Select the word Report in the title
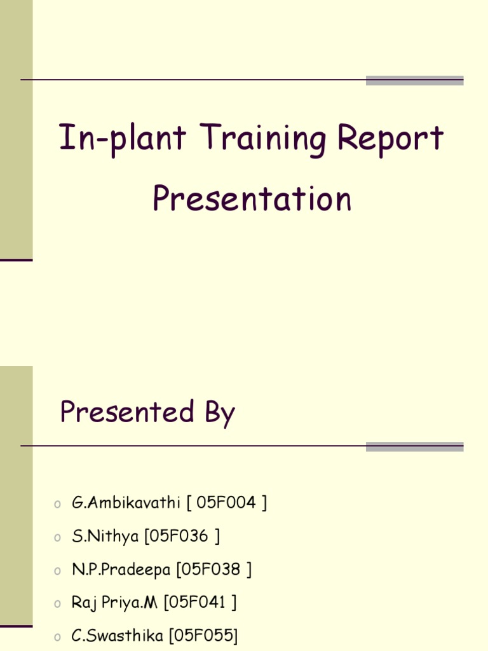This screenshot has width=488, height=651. (390, 139)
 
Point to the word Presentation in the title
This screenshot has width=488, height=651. (252, 198)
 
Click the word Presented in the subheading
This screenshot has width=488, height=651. (127, 411)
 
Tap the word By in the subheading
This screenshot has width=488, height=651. (219, 413)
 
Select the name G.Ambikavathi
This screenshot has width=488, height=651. (126, 503)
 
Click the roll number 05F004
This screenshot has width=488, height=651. (226, 503)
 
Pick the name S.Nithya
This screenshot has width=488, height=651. (105, 536)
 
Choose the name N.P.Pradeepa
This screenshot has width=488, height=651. (121, 569)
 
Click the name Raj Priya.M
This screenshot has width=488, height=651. (114, 602)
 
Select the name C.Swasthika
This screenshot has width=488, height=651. (117, 635)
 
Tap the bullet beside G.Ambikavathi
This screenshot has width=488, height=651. (57, 504)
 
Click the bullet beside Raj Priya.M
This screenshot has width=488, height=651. (57, 603)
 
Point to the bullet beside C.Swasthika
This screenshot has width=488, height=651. (57, 636)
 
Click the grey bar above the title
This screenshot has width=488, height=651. (414, 80)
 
